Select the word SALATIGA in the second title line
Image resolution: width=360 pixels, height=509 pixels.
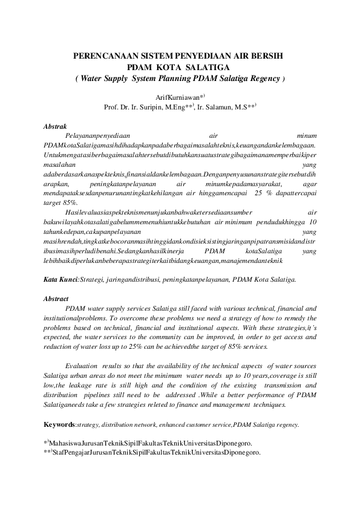(206, 66)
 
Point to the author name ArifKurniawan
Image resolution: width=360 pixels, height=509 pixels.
(178, 97)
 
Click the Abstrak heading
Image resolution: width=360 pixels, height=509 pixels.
(55, 127)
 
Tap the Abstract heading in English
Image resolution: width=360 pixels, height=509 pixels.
(56, 299)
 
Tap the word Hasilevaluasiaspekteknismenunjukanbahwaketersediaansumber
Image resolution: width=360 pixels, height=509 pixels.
(158, 212)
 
